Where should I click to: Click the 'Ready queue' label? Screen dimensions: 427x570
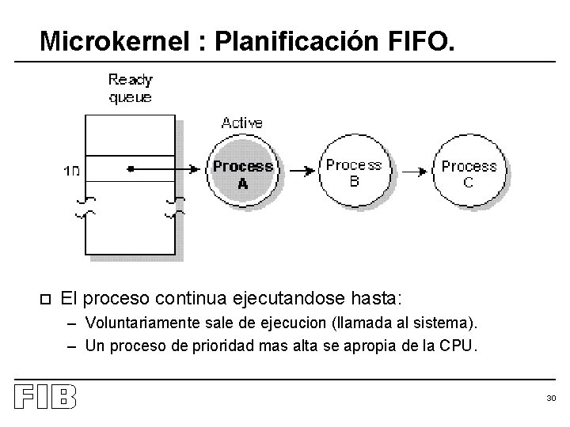point(131,88)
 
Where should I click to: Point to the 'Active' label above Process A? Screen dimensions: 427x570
point(242,123)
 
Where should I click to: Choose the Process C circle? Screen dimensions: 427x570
point(469,173)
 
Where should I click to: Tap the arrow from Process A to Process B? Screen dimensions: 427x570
point(298,169)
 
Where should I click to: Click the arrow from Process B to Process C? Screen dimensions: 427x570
point(411,169)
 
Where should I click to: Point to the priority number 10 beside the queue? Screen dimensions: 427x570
point(71,170)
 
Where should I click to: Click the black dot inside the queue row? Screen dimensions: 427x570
point(130,168)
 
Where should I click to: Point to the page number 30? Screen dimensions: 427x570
point(551,399)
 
